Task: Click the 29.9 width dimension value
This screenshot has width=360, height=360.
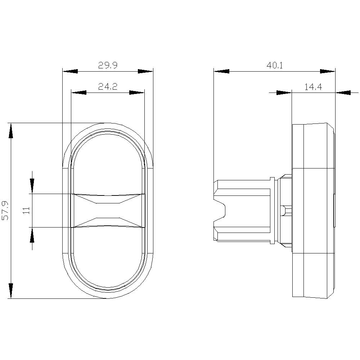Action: tap(108, 65)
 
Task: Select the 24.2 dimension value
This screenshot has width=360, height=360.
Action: tap(108, 86)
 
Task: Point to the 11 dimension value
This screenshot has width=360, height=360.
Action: tap(27, 211)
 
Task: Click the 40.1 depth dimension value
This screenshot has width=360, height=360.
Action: tap(274, 65)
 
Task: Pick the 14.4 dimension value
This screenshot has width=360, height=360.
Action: tap(313, 86)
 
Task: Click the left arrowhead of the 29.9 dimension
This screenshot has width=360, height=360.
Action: tap(70, 72)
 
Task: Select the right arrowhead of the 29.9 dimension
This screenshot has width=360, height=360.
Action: tap(145, 72)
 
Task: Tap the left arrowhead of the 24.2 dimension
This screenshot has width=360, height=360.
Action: tap(78, 93)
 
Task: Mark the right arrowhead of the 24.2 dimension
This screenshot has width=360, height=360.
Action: tap(137, 93)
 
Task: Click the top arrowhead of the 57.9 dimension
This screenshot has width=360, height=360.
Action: tap(11, 130)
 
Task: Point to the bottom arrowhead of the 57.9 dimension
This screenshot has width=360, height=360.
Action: tap(11, 291)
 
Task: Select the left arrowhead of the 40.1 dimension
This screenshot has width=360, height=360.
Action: tap(221, 72)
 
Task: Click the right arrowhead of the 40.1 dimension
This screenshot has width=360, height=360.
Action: tap(328, 72)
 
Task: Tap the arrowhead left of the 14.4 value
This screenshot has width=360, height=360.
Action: tap(284, 93)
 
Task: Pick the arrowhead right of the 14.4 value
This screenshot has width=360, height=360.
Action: tap(343, 93)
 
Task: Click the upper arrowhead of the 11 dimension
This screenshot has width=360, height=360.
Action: tap(32, 186)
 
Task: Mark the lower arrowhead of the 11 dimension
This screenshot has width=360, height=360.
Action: tap(32, 235)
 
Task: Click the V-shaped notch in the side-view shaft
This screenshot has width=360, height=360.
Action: tap(220, 211)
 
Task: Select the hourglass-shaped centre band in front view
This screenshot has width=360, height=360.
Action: tap(108, 211)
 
